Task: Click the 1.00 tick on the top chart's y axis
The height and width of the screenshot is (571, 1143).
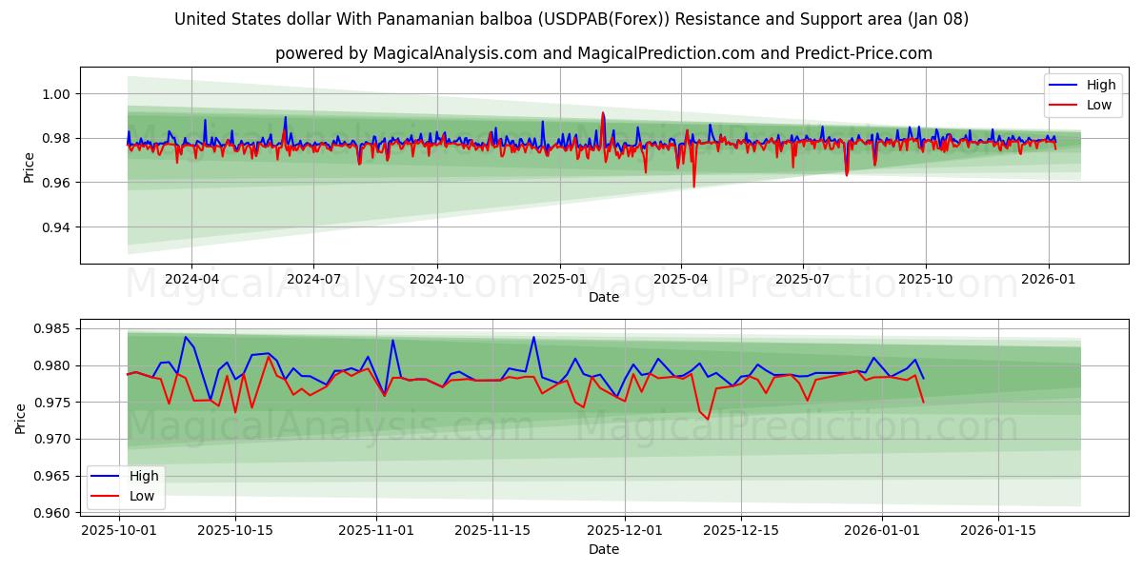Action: [55, 94]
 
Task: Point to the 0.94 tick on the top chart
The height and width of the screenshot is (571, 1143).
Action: [55, 227]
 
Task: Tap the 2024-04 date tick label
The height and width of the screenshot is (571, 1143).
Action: [191, 279]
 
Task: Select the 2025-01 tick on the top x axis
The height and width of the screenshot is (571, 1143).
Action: [559, 279]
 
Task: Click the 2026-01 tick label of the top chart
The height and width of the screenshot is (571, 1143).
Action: [1049, 279]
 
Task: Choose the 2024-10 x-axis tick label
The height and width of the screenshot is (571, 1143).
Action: [437, 279]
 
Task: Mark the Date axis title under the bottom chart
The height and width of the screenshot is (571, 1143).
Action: [604, 549]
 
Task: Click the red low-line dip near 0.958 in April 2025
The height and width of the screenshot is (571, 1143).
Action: [693, 186]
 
